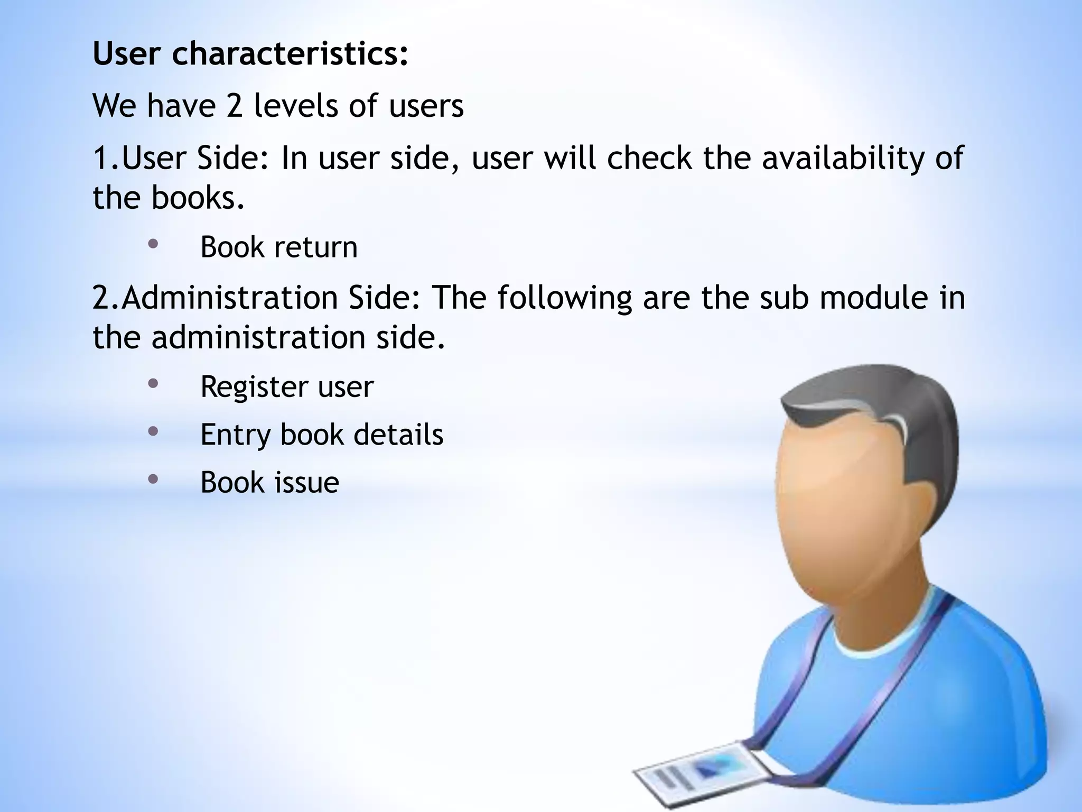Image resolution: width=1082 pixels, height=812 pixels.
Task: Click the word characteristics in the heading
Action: (290, 54)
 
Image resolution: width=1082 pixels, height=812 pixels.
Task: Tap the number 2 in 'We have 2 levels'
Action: (234, 106)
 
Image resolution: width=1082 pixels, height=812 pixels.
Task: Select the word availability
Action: (844, 158)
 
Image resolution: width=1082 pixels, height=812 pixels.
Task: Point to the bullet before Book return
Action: (153, 244)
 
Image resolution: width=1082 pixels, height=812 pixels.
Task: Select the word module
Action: (873, 298)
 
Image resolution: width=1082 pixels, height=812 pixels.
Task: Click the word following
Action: (564, 298)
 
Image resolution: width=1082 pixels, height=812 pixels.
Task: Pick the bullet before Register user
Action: (153, 384)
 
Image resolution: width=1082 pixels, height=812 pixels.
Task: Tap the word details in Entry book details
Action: (398, 435)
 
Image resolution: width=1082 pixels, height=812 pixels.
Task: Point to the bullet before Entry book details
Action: (153, 431)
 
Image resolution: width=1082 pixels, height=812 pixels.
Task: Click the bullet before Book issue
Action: (153, 479)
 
